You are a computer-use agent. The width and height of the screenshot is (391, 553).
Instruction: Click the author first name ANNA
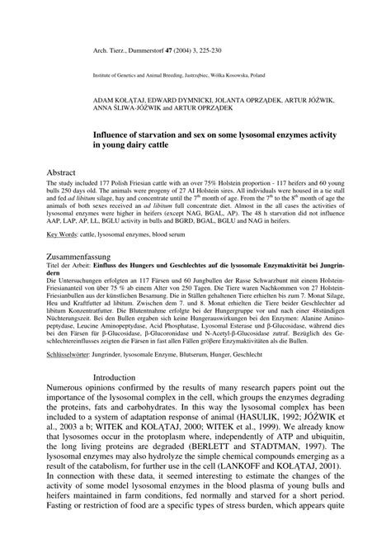tap(105, 106)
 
